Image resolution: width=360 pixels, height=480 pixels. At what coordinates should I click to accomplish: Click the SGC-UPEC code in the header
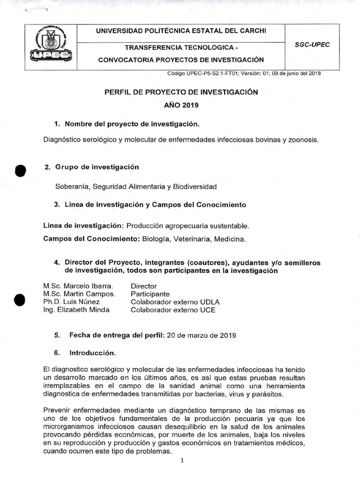(x=313, y=45)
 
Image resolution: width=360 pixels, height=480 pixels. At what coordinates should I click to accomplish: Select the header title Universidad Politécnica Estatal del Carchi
(x=181, y=31)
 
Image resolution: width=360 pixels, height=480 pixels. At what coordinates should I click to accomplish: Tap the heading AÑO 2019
(x=181, y=105)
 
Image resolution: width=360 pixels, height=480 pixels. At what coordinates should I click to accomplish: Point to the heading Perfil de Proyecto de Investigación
(x=181, y=92)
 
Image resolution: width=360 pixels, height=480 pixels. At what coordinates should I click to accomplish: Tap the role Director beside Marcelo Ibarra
(x=143, y=286)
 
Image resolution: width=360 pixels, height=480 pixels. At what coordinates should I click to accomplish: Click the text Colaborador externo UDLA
(x=175, y=302)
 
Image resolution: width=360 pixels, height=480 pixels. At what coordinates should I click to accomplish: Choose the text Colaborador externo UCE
(x=173, y=310)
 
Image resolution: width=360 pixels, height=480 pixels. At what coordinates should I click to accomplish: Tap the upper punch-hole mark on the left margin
(x=19, y=171)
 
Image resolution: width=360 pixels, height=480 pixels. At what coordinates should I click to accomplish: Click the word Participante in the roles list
(x=151, y=294)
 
